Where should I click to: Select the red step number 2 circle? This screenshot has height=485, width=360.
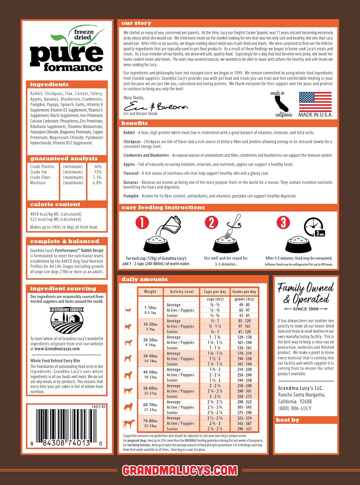(x=211, y=222)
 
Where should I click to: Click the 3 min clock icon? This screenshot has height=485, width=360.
(x=314, y=227)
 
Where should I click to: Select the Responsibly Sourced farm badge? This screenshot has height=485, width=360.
(x=67, y=321)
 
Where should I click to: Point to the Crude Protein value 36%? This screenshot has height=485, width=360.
(x=98, y=167)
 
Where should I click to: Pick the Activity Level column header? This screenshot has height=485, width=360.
(x=182, y=292)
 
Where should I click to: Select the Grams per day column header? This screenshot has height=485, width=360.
(x=244, y=292)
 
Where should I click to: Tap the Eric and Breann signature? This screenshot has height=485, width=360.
(x=155, y=106)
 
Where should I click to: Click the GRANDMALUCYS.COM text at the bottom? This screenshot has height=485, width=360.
(x=180, y=470)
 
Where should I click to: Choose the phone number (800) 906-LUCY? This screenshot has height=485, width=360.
(x=295, y=408)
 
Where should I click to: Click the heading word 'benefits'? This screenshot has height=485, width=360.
(x=134, y=123)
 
